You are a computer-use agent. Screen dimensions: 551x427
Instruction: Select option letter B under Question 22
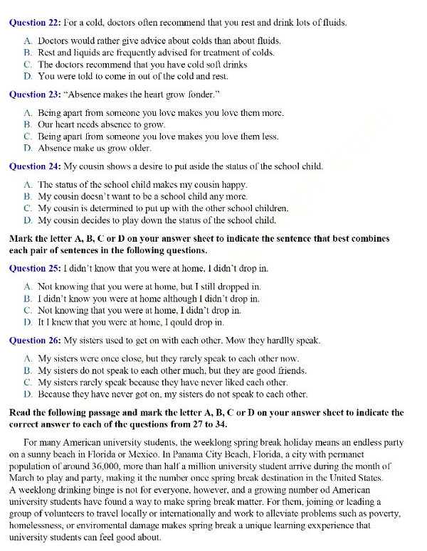tap(27, 53)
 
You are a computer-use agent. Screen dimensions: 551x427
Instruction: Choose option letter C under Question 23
tap(27, 137)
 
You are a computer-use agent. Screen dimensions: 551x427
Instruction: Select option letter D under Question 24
tap(27, 220)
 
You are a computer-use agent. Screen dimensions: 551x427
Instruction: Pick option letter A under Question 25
tap(27, 287)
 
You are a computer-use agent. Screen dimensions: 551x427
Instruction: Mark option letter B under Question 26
tap(27, 370)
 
